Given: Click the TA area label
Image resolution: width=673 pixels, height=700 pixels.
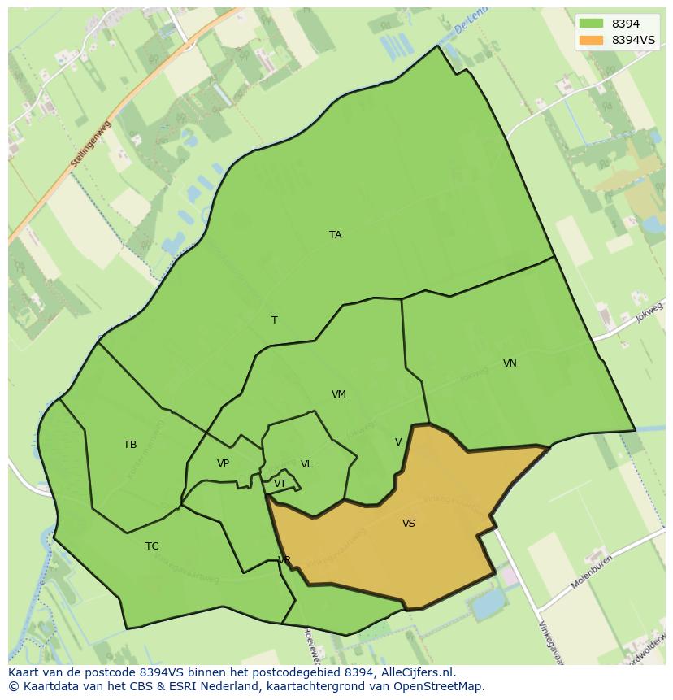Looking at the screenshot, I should click(x=335, y=235).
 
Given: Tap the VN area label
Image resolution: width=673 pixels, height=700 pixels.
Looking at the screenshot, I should click(x=510, y=363).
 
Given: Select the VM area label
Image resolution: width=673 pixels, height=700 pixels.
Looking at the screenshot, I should click(x=339, y=394).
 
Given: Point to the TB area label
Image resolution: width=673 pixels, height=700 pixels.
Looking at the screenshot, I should click(x=130, y=445).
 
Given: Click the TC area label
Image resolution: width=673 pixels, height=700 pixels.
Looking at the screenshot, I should click(x=152, y=546).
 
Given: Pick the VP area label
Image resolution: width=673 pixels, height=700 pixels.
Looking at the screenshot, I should click(x=223, y=463).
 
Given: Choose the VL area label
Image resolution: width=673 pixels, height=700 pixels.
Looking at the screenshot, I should click(x=306, y=464).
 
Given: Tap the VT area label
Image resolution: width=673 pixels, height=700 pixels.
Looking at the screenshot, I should click(x=280, y=484).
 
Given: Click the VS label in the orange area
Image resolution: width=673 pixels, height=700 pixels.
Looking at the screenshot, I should click(x=408, y=524).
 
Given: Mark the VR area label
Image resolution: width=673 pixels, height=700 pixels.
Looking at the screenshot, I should click(x=284, y=560).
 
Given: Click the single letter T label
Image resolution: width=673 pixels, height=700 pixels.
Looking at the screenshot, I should click(x=274, y=320).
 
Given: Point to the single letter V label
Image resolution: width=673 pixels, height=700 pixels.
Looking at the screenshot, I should click(x=398, y=442).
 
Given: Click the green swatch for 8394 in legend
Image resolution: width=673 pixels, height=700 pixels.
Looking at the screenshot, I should click(x=591, y=24).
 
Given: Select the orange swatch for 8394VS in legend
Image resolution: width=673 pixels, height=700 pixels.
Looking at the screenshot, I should click(x=591, y=40).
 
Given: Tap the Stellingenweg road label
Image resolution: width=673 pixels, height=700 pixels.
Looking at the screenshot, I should click(x=89, y=145).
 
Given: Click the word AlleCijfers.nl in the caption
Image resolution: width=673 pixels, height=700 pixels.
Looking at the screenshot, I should click(x=417, y=672).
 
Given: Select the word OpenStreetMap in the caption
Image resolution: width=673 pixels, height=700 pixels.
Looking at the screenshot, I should click(x=438, y=686).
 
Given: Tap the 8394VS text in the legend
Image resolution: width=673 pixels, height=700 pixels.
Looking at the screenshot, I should click(x=633, y=40).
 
